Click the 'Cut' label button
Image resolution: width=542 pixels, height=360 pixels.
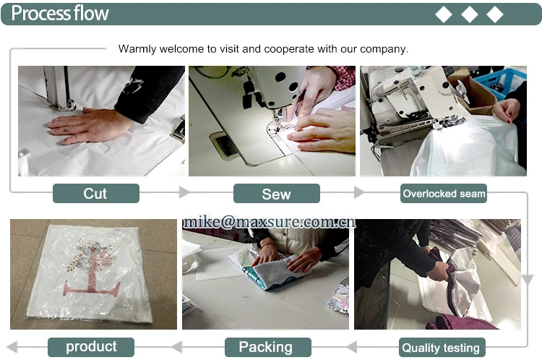tap(96, 193)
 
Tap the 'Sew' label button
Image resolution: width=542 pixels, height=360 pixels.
tap(277, 194)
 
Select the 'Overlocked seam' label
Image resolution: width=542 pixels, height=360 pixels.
tap(444, 193)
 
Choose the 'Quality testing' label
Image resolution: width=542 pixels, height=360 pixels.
tap(442, 347)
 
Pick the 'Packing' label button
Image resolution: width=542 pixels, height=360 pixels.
tap(268, 347)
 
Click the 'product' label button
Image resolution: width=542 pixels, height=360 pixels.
tap(91, 347)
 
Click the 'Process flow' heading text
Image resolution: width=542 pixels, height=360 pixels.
tap(60, 13)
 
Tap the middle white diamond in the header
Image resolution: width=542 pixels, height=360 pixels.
tap(470, 14)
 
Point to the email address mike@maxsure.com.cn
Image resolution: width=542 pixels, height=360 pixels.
tap(270, 222)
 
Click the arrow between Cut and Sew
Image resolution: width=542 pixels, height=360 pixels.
tap(184, 192)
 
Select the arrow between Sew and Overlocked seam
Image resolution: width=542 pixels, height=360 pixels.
tap(359, 192)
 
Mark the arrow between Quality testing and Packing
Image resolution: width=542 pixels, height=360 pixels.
tap(351, 346)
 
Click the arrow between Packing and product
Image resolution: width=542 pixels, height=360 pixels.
tap(177, 346)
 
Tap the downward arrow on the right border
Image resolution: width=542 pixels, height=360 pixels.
tap(528, 280)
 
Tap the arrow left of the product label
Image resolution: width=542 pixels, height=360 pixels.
tap(12, 346)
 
